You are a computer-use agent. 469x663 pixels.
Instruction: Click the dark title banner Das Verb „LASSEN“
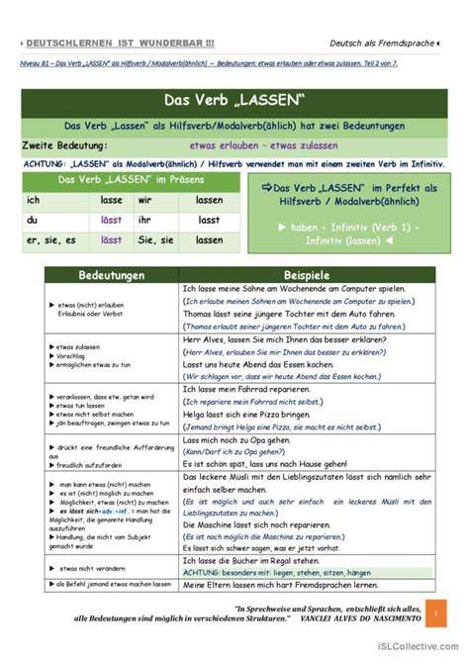tap(234, 102)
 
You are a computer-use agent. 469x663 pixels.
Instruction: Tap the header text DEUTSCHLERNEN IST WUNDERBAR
tap(118, 43)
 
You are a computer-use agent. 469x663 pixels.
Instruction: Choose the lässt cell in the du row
tap(112, 219)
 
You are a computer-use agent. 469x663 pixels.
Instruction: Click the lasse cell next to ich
tap(112, 200)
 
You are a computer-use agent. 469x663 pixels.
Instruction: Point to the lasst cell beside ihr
tap(208, 219)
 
